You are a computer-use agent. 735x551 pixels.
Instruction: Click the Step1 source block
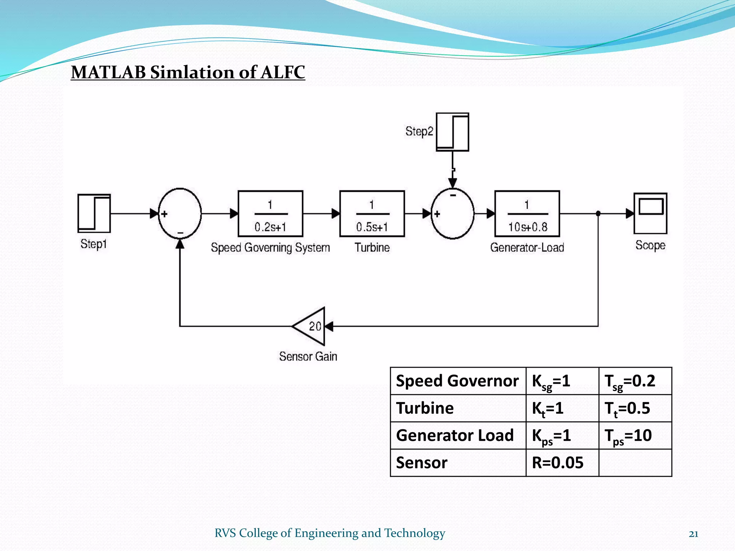coord(94,213)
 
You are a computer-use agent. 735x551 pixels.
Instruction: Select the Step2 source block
coord(452,132)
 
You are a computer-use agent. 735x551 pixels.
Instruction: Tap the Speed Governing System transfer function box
coord(270,214)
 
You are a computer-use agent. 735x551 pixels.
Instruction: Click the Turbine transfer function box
coord(372,214)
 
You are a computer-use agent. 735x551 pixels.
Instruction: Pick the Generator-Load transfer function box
coord(527,214)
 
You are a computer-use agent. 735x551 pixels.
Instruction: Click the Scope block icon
coord(650,213)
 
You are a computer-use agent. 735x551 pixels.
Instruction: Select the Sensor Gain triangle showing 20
coord(311,326)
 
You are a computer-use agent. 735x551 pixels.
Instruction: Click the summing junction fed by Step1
coord(180,213)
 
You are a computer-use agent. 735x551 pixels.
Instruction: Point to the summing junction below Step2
coord(452,214)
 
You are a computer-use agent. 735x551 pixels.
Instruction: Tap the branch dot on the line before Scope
coord(598,213)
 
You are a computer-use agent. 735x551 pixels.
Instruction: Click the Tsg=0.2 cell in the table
coord(635,381)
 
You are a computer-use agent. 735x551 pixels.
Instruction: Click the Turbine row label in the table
coord(425,408)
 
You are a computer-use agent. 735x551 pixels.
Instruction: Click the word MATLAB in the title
coord(108,72)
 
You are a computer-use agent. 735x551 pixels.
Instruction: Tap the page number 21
coord(693,534)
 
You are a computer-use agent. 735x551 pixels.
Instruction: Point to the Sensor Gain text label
coord(308,356)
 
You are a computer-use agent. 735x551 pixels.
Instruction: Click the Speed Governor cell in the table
coord(457,381)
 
